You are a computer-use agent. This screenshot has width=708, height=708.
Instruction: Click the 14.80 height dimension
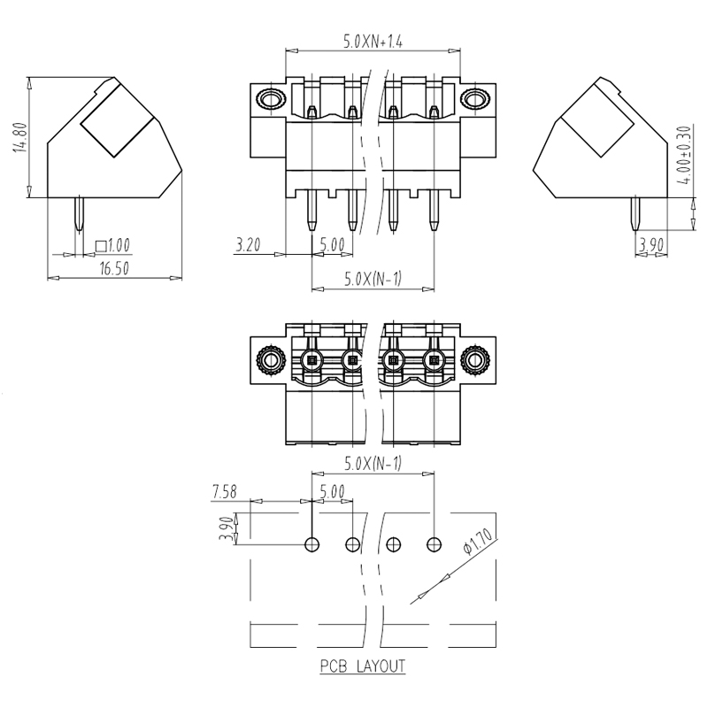click(x=17, y=138)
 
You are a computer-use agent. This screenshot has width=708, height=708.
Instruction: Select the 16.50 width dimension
click(x=111, y=270)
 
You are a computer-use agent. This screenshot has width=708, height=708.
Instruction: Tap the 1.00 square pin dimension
click(x=112, y=245)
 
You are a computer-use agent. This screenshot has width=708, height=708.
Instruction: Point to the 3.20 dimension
click(x=249, y=246)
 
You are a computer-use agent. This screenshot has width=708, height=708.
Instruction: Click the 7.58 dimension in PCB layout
click(x=227, y=492)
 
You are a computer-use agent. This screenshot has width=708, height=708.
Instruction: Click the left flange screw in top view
click(x=269, y=360)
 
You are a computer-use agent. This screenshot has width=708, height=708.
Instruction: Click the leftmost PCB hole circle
click(x=312, y=544)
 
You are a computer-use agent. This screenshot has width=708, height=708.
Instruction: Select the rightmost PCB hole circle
click(x=434, y=544)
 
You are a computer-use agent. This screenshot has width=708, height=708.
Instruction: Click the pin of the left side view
click(x=80, y=216)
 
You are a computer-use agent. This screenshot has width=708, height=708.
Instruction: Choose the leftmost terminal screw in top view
click(x=311, y=360)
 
